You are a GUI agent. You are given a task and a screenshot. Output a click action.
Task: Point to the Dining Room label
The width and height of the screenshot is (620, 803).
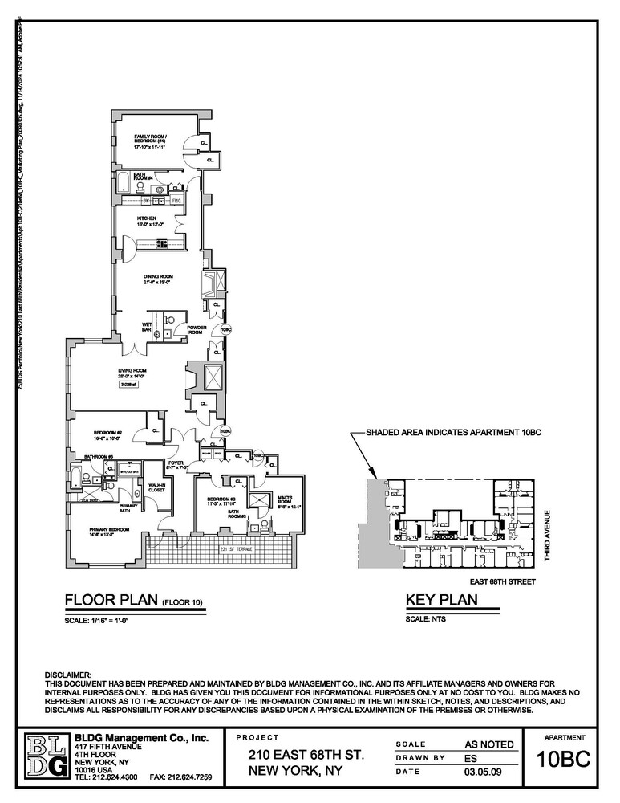click(158, 279)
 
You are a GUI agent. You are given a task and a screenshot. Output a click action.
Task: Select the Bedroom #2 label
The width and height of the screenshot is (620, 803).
click(107, 435)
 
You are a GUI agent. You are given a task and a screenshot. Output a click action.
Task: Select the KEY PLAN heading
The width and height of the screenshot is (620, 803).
click(442, 601)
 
